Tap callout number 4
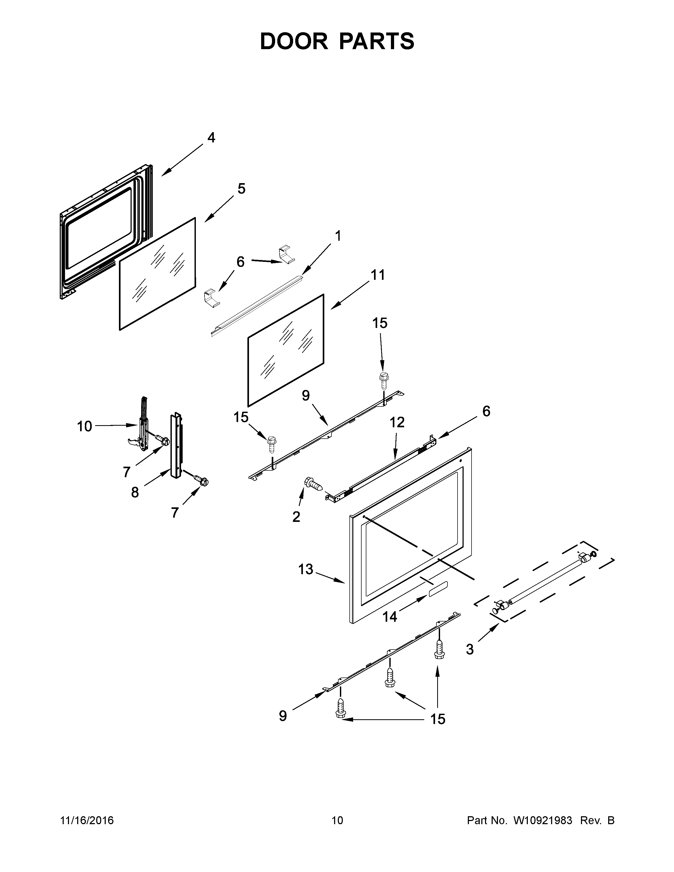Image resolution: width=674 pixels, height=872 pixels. pos(211,138)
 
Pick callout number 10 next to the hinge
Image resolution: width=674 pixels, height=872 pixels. pos(84,426)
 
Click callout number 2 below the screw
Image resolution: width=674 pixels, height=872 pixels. pos(296,517)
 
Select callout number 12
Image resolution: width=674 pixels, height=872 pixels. pos(397,422)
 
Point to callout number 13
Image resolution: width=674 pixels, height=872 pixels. pos(306,569)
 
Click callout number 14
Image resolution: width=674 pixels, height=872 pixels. pos(390,617)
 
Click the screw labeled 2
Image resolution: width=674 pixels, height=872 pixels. pos(314,484)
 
